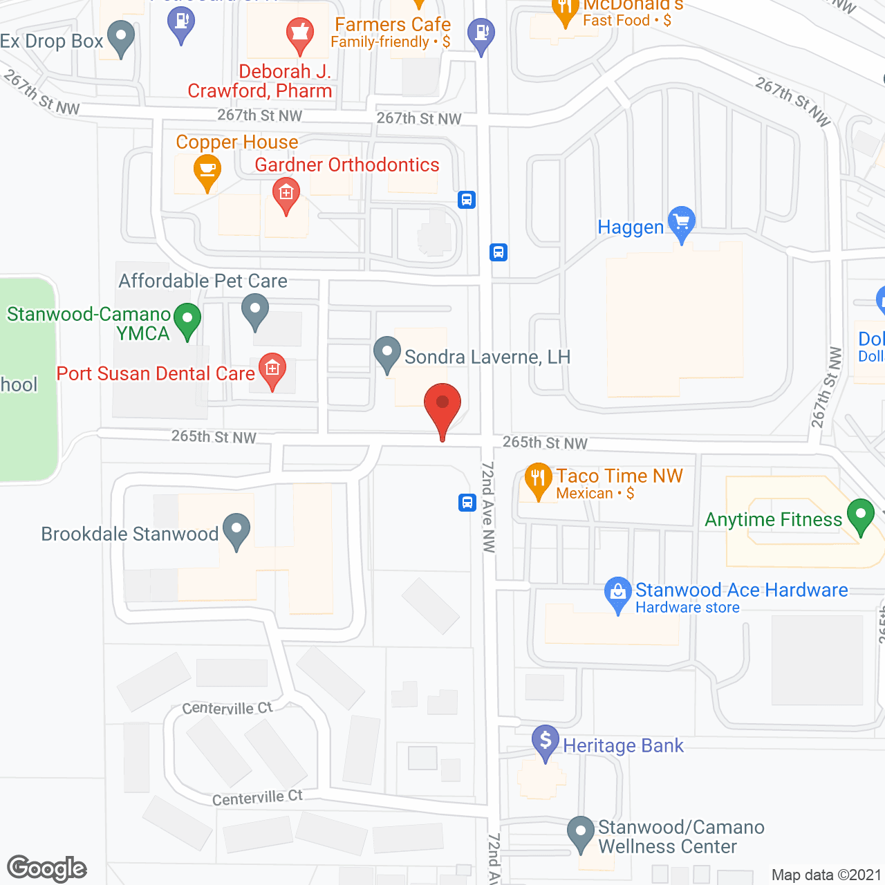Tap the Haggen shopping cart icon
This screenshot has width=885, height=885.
(682, 222)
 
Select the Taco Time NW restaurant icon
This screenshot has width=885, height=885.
(538, 478)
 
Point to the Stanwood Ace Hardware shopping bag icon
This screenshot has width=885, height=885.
(617, 593)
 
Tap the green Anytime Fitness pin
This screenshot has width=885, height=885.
(861, 515)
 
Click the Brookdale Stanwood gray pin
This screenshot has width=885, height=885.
(236, 530)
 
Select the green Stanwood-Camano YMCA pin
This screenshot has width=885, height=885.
(187, 319)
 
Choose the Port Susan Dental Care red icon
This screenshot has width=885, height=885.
(272, 369)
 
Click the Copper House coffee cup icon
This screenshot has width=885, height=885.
(207, 170)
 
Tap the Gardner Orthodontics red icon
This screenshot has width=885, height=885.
(286, 194)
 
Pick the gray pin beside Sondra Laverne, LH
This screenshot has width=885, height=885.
(387, 353)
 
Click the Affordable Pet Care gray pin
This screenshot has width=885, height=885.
(255, 310)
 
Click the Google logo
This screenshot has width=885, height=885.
(47, 868)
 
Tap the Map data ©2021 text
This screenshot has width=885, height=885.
(826, 875)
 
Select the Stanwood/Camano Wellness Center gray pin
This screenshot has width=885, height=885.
(580, 832)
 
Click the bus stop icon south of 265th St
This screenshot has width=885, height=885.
(467, 502)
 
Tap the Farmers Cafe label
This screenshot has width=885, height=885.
(392, 25)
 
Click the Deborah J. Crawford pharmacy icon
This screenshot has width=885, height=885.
(300, 33)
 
